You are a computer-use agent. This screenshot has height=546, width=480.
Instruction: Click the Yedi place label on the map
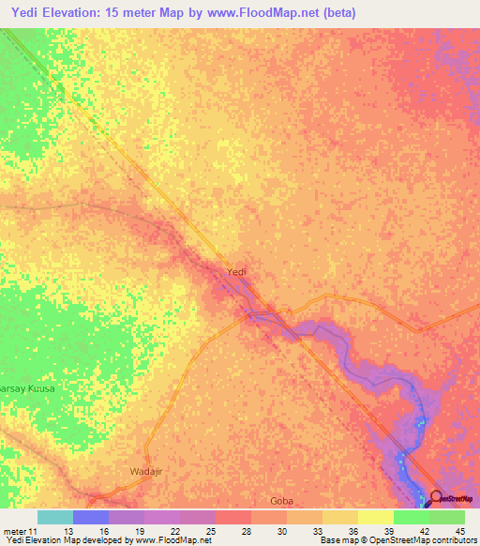[x=237, y=272]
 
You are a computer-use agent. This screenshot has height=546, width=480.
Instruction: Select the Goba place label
[x=282, y=501]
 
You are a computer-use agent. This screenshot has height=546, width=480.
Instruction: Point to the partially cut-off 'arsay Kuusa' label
[x=28, y=387]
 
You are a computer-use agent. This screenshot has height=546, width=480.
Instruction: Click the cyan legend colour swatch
[x=55, y=517]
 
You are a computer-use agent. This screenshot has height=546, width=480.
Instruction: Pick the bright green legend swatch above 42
[x=412, y=517]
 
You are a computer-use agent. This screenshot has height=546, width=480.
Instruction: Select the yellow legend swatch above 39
[x=376, y=517]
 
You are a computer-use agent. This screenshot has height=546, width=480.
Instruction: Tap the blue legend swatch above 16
[x=91, y=517]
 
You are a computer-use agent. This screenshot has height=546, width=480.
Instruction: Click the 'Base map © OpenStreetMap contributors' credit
[x=397, y=541]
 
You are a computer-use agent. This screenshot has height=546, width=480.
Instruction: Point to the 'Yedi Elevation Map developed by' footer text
[x=64, y=541]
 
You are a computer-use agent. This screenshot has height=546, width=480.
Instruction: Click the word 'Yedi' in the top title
[x=27, y=11]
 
